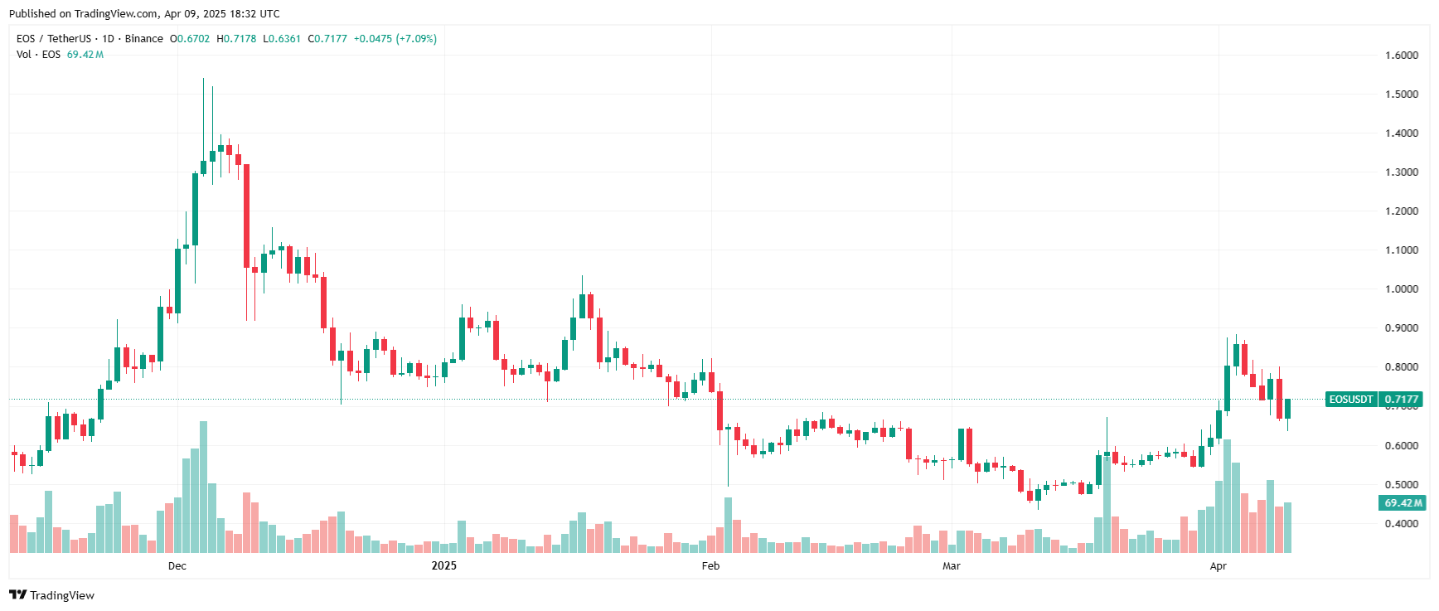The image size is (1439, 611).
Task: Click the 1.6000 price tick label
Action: click(1402, 56)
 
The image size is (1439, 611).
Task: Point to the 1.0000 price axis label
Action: click(1402, 289)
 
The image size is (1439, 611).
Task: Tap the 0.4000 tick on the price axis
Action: click(1402, 524)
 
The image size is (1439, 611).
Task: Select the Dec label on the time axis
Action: click(177, 566)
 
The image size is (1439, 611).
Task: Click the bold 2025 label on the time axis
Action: click(444, 566)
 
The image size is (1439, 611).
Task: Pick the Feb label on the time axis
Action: click(710, 566)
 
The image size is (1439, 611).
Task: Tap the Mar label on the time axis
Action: click(952, 566)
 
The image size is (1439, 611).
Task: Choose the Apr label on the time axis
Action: click(1218, 566)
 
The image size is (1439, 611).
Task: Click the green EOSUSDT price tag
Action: click(1351, 400)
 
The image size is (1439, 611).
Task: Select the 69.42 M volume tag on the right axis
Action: click(1402, 503)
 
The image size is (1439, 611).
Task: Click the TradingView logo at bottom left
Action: click(52, 595)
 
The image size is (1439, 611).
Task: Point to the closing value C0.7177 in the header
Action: click(327, 39)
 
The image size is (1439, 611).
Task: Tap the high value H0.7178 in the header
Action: click(236, 39)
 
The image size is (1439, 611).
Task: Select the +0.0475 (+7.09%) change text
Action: click(395, 39)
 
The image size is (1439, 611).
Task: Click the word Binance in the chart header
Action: click(144, 39)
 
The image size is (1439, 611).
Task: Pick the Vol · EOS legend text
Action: click(38, 55)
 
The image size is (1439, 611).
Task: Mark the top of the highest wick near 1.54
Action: click(203, 80)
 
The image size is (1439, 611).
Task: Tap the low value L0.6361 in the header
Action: click(282, 39)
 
